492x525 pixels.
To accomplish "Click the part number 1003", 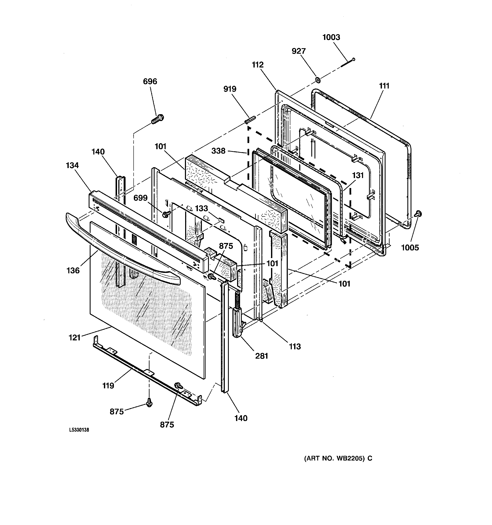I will tap(331, 37).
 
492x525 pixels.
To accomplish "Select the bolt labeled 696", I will tap(157, 119).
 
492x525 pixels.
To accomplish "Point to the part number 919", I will tap(230, 89).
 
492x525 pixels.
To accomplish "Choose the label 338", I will tap(218, 151).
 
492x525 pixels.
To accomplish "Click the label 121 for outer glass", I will tap(74, 337).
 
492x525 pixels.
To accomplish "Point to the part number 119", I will tap(108, 386).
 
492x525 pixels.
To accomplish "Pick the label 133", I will tap(201, 208).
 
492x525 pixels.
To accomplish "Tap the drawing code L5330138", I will tap(79, 430).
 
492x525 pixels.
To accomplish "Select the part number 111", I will tap(384, 86).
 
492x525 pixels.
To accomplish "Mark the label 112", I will tap(258, 65).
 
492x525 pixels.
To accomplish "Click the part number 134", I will tap(72, 166).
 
